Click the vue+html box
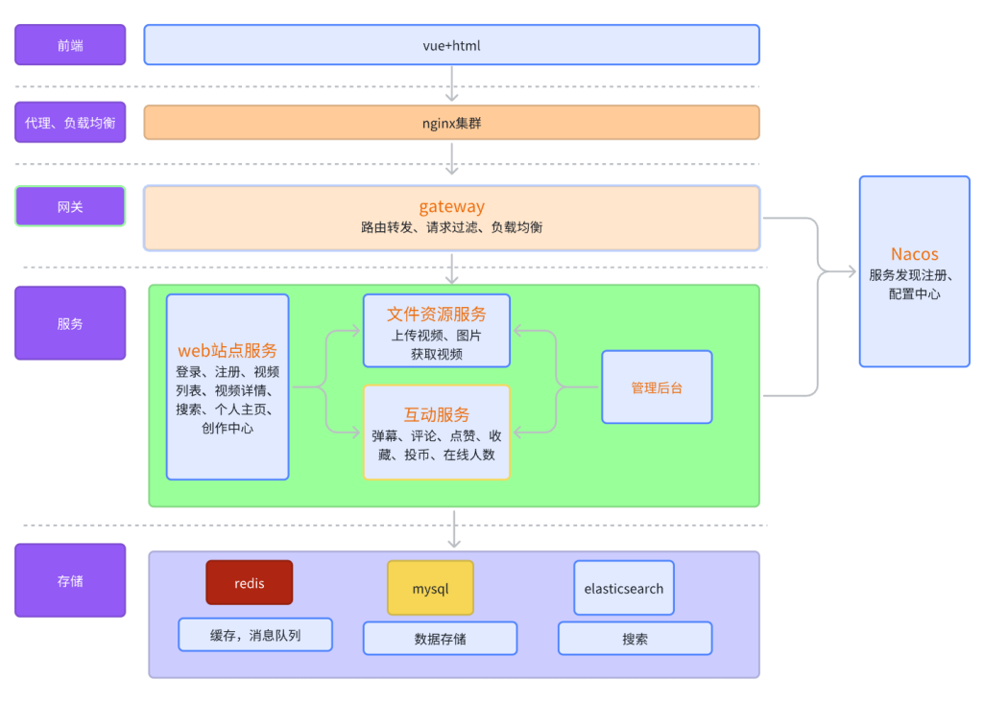pyautogui.click(x=451, y=45)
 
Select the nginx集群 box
pyautogui.click(x=451, y=123)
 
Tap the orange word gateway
pyautogui.click(x=451, y=206)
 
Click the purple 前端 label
pyautogui.click(x=70, y=45)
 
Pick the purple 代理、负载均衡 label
pyautogui.click(x=70, y=123)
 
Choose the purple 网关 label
pyautogui.click(x=70, y=206)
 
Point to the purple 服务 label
pyautogui.click(x=70, y=323)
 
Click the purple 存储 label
pyautogui.click(x=70, y=580)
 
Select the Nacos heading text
pyautogui.click(x=914, y=254)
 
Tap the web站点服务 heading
pyautogui.click(x=228, y=351)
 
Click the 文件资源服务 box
pyautogui.click(x=437, y=331)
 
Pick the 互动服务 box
pyautogui.click(x=437, y=433)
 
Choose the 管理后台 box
pyautogui.click(x=657, y=387)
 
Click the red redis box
pyautogui.click(x=249, y=582)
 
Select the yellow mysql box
pyautogui.click(x=430, y=588)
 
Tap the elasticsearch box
pyautogui.click(x=624, y=588)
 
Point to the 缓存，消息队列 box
pyautogui.click(x=255, y=635)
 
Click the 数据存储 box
pyautogui.click(x=440, y=639)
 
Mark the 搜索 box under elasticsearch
pyautogui.click(x=635, y=639)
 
